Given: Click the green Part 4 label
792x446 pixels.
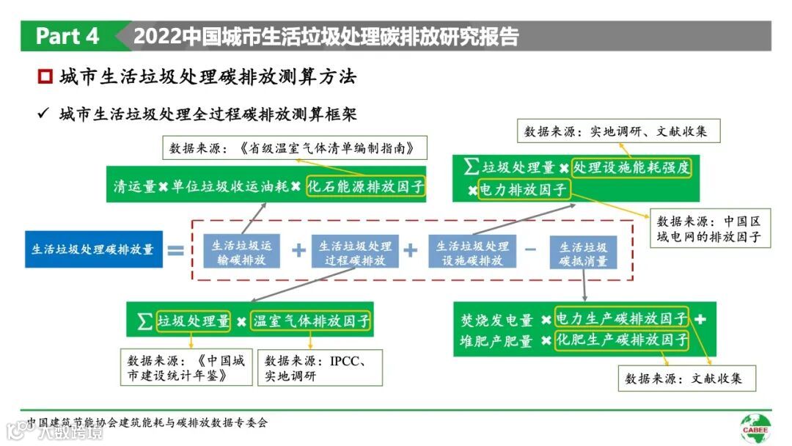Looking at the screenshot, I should pyautogui.click(x=67, y=36).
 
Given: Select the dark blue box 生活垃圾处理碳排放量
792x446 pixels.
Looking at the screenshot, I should pyautogui.click(x=92, y=249).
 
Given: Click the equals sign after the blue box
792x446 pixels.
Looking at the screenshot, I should pyautogui.click(x=175, y=249).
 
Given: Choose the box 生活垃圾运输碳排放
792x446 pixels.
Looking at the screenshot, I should pyautogui.click(x=241, y=252).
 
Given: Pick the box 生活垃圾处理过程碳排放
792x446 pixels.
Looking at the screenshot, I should pyautogui.click(x=355, y=252).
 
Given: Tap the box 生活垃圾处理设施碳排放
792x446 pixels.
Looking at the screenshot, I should pyautogui.click(x=472, y=252).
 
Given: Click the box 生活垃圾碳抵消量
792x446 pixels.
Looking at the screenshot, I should pyautogui.click(x=584, y=252).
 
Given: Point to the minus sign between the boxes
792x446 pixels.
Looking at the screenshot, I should pyautogui.click(x=530, y=249).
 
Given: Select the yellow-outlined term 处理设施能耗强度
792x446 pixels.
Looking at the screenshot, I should pyautogui.click(x=631, y=167).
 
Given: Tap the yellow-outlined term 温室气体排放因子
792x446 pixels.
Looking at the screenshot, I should pyautogui.click(x=311, y=321).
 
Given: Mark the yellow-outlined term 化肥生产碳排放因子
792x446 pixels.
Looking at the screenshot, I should pyautogui.click(x=622, y=340).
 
